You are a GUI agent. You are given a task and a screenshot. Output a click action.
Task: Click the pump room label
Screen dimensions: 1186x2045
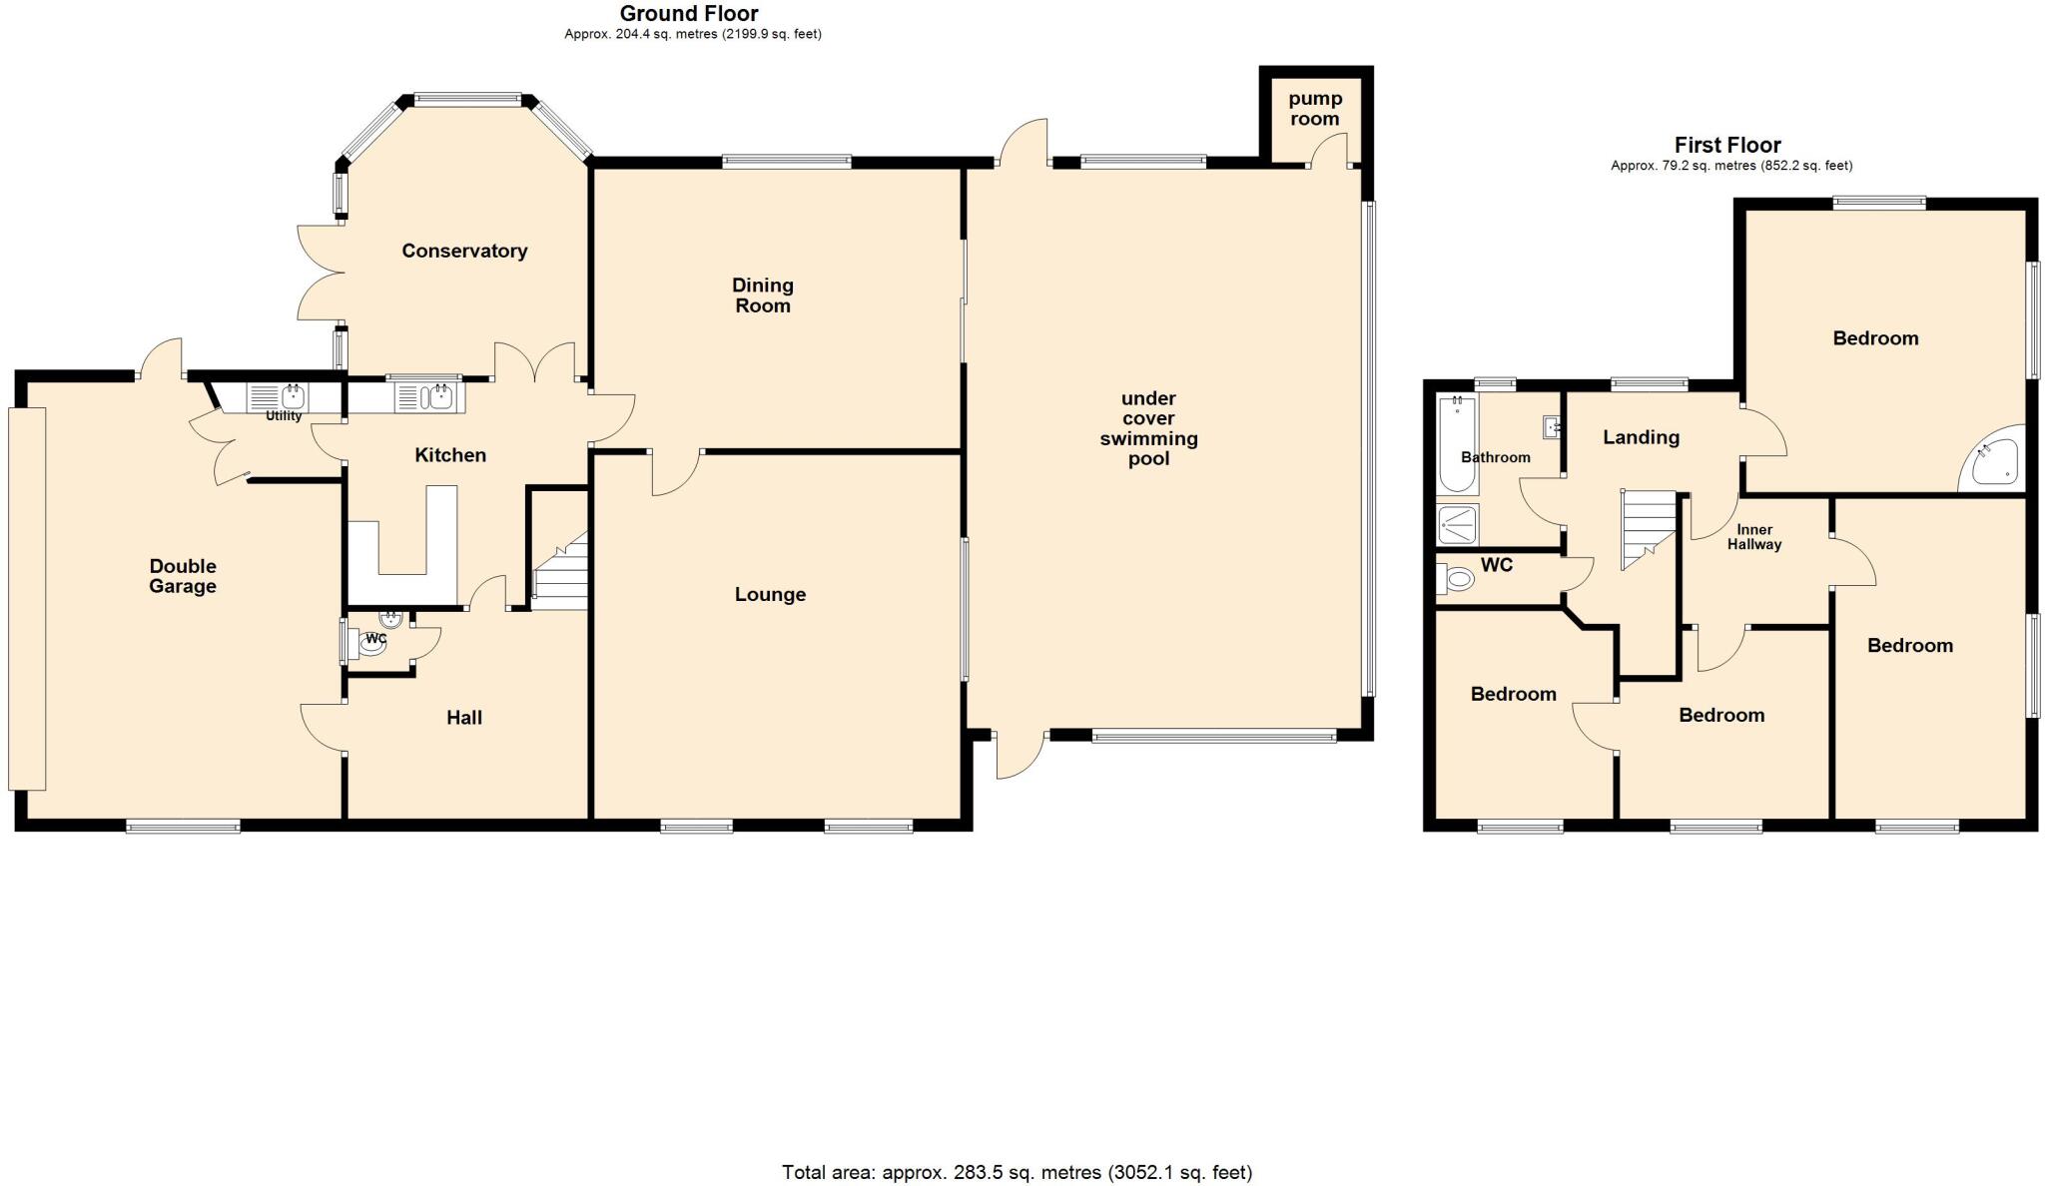pos(1314,109)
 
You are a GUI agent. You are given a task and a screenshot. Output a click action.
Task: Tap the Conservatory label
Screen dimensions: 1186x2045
pos(464,251)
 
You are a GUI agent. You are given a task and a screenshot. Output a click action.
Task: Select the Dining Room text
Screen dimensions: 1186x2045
pos(762,296)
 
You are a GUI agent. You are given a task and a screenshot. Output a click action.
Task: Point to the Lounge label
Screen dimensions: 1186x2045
pos(770,594)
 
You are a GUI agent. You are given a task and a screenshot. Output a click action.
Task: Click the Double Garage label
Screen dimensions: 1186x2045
pos(183,576)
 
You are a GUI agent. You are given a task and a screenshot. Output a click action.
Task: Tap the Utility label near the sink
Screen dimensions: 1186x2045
pos(284,415)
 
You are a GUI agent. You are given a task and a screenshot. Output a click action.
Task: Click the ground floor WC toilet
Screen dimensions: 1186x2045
pos(370,645)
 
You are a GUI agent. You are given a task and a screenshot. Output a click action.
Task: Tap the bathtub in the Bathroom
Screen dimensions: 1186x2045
pos(1458,444)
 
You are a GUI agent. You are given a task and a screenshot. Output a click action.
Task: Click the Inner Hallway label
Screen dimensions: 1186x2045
pos(1754,537)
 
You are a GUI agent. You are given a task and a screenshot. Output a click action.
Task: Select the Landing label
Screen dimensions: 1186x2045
pos(1641,437)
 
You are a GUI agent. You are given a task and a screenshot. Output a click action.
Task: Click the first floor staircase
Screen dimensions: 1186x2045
pos(1648,527)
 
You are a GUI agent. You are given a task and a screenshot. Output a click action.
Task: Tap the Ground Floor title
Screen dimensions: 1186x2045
pos(689,14)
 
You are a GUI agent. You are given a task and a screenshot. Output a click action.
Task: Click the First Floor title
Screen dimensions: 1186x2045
pos(1727,145)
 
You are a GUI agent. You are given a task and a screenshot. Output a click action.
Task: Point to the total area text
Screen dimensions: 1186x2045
pos(1017,1172)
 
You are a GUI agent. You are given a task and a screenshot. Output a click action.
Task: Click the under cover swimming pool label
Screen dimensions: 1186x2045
pos(1148,428)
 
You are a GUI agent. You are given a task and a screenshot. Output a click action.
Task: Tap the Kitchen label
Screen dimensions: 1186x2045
pos(450,455)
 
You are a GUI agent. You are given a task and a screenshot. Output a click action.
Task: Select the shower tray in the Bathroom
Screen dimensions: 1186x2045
pos(1458,524)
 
